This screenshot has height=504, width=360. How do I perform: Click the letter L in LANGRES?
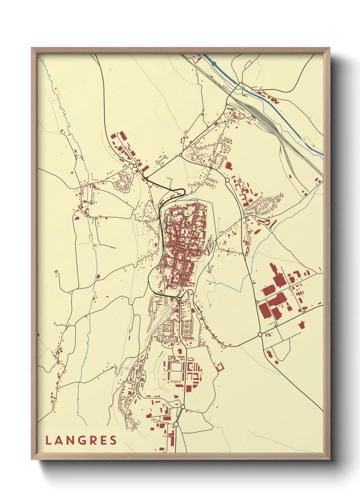tap(48, 440)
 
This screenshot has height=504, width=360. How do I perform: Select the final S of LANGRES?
tap(113, 440)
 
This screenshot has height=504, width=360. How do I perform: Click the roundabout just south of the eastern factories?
tap(260, 334)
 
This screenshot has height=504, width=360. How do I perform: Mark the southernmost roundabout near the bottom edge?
tap(176, 424)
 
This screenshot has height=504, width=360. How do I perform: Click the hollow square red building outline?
tap(220, 367)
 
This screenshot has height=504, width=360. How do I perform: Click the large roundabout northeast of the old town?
tap(227, 180)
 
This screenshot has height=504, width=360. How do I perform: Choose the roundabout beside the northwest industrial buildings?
tap(135, 166)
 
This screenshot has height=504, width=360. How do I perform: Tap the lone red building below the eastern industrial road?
tap(301, 325)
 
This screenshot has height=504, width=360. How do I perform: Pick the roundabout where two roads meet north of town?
tap(180, 155)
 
